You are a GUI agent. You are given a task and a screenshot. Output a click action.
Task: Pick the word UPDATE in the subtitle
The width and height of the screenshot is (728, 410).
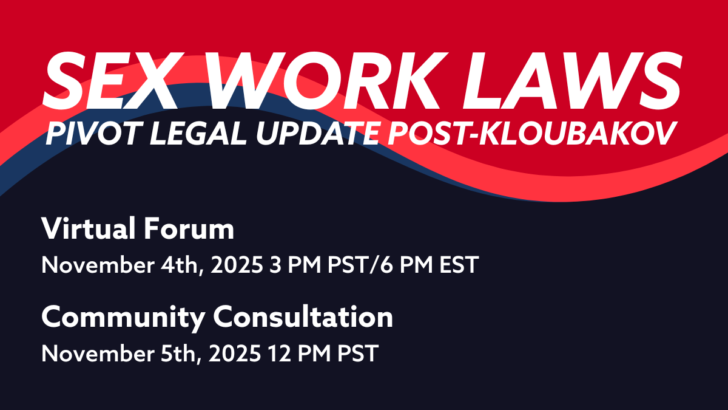[317, 134]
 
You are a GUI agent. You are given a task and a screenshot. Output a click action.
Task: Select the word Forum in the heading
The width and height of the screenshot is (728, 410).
[189, 228]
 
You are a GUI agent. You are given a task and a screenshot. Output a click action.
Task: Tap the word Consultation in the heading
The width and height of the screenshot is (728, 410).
[303, 316]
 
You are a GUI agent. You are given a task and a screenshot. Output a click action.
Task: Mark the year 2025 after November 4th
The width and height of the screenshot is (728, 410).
[237, 265]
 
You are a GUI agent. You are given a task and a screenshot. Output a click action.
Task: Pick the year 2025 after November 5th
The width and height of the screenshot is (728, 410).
[235, 354]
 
